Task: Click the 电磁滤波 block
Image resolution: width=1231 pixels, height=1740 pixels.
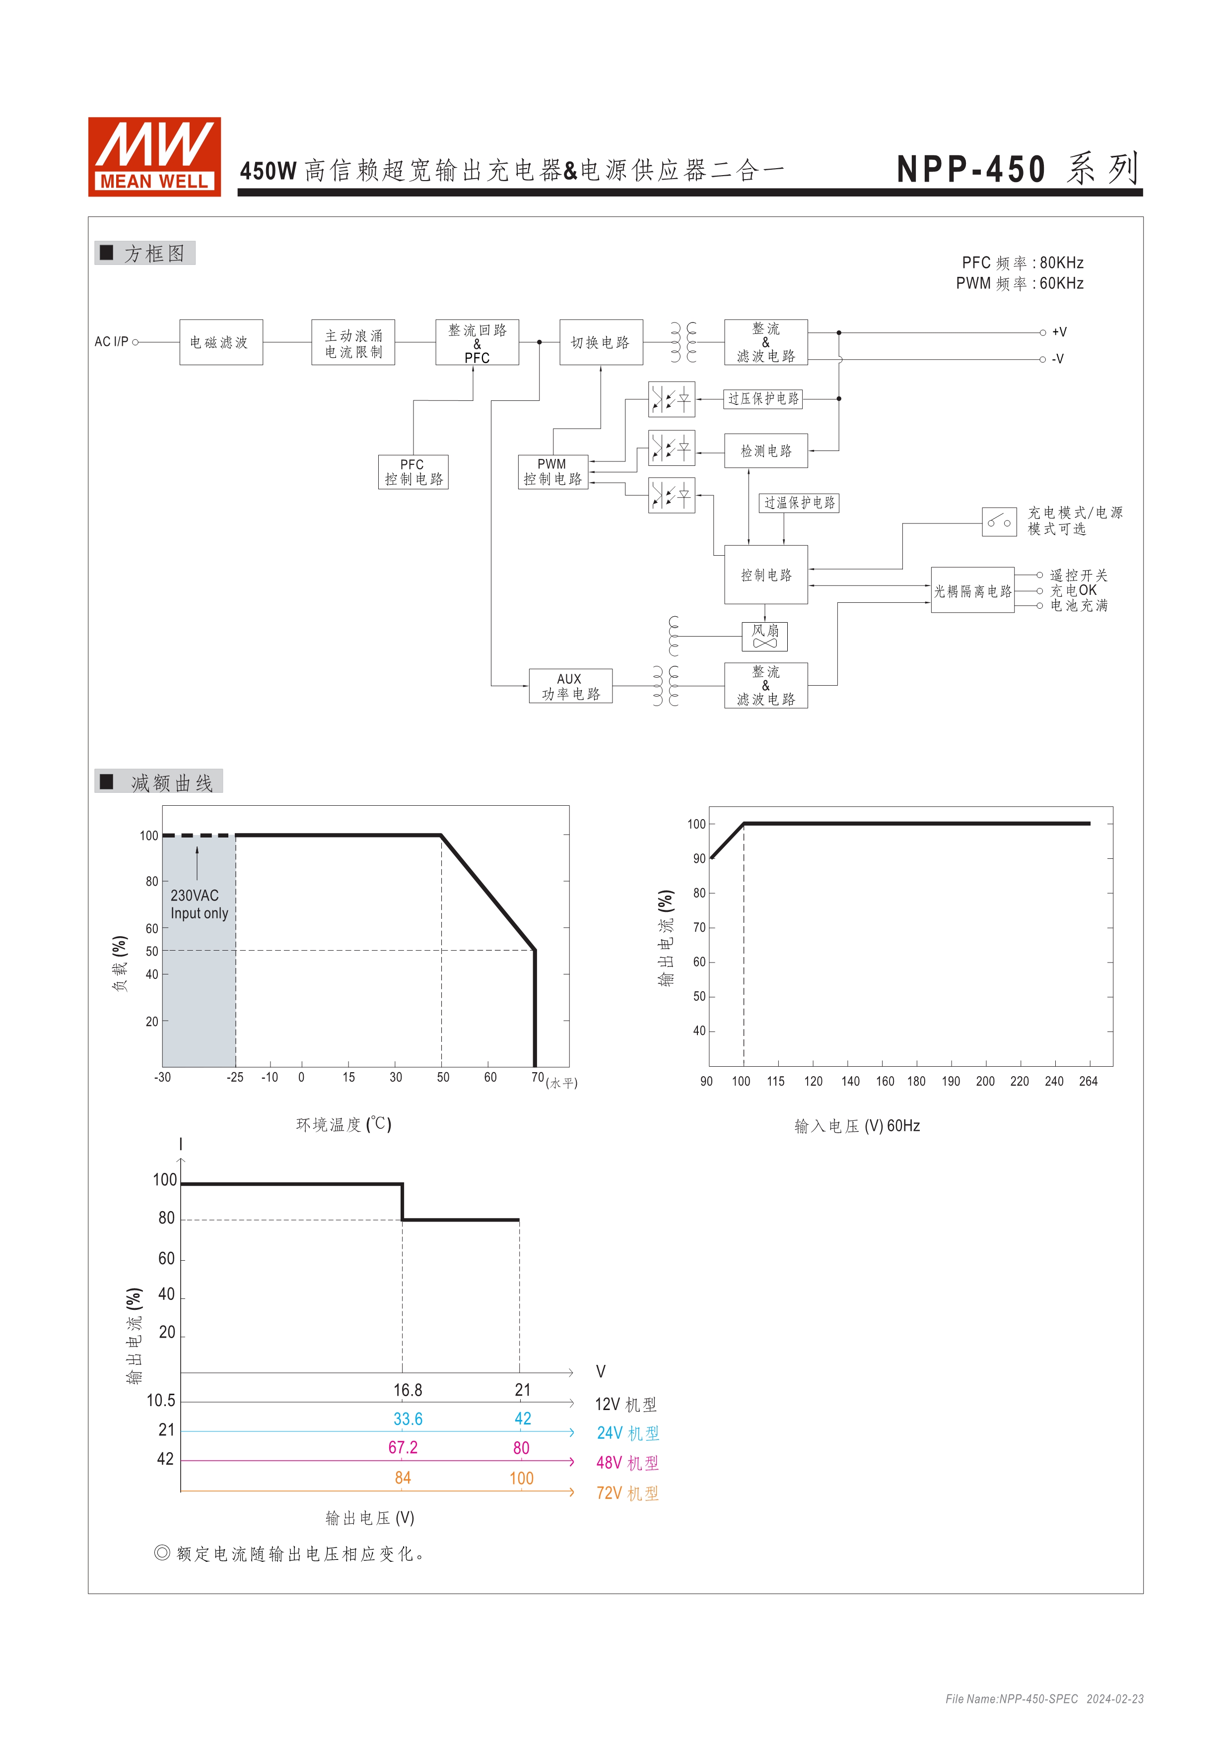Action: point(220,342)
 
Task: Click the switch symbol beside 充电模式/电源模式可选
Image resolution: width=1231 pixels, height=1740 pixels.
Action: point(999,521)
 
